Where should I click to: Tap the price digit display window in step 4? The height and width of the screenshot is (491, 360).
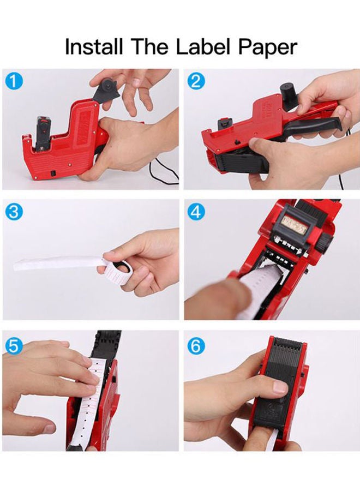point(296,224)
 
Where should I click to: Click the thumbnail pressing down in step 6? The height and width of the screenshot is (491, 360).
point(279,388)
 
